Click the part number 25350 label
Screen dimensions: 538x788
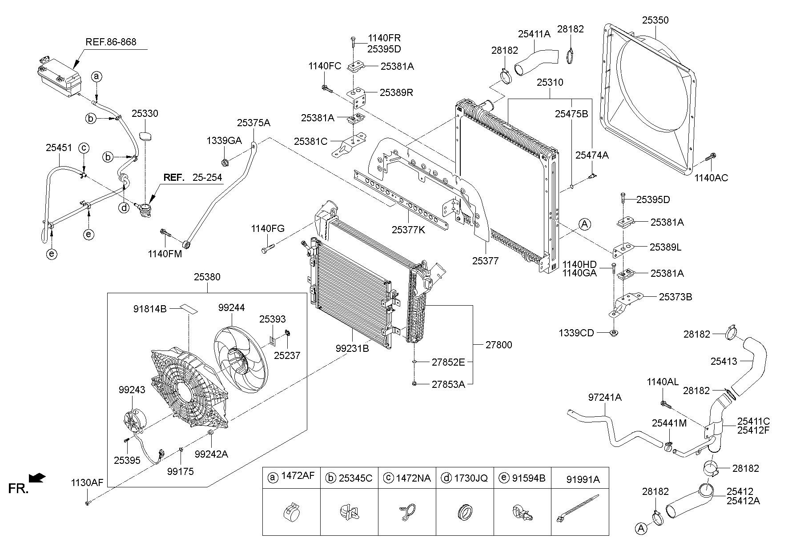655,20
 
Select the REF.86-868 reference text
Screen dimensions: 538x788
111,42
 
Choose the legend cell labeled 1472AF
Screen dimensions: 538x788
291,478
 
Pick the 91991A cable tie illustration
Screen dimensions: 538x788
577,509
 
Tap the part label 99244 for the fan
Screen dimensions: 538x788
231,307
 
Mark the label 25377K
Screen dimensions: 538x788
408,230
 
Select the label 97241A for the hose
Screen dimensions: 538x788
605,397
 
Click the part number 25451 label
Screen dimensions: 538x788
59,147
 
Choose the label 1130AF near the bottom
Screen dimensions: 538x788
87,482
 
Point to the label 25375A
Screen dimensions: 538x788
253,123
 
